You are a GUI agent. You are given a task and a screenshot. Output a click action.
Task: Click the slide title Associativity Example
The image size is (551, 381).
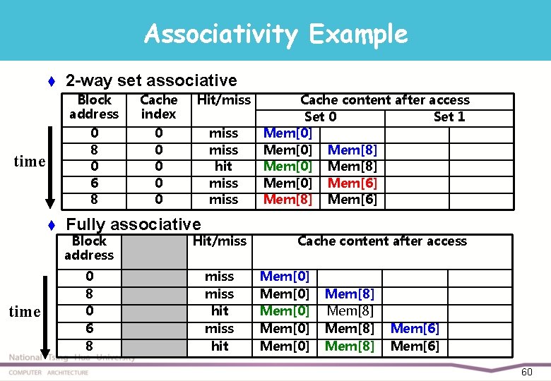[275, 34]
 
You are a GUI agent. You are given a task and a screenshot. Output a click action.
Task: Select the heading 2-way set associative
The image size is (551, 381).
[151, 80]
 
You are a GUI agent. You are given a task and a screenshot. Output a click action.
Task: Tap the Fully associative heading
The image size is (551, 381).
[134, 224]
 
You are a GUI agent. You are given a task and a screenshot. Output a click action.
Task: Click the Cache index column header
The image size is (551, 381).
[158, 107]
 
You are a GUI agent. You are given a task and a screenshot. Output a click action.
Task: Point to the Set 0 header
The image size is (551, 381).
[320, 116]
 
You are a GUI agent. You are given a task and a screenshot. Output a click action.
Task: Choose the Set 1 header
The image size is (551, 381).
[449, 116]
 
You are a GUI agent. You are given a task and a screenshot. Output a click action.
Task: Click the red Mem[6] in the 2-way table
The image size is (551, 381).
[352, 183]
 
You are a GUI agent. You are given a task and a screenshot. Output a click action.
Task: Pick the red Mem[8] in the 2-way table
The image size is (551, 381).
[288, 200]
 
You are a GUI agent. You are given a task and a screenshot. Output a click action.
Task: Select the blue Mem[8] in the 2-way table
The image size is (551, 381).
[352, 150]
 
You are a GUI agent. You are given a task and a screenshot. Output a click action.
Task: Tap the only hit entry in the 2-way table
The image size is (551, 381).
[223, 167]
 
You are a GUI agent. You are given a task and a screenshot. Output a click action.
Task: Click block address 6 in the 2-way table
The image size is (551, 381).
[94, 183]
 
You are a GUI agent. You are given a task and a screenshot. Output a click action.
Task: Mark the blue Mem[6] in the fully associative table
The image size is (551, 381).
[415, 328]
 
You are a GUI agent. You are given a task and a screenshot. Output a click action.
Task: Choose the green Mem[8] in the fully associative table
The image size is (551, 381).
[350, 346]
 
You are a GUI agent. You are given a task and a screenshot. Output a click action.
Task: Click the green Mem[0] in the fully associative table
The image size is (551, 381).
[285, 310]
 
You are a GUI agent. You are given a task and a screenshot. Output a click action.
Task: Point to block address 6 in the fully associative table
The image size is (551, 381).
[89, 328]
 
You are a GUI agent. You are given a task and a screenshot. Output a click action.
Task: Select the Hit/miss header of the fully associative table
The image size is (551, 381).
[219, 241]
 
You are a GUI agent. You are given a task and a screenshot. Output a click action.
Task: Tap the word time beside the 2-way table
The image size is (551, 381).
[29, 162]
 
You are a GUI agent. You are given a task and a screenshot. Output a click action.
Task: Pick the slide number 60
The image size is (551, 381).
[526, 372]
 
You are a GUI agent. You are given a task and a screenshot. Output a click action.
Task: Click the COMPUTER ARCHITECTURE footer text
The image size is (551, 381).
[49, 373]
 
